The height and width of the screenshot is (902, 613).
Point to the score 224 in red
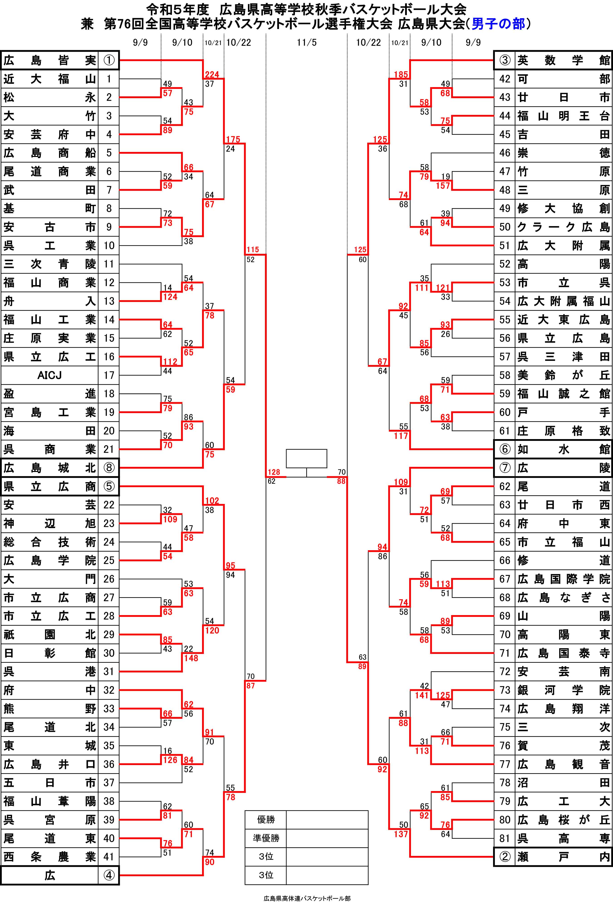212,75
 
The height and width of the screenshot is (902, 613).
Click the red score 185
401,75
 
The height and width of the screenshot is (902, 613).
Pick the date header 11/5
306,42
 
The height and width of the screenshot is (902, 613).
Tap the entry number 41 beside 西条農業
109,857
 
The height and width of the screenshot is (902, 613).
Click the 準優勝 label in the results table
266,838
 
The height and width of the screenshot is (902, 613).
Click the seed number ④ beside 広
109,875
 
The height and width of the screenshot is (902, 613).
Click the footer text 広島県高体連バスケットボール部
306,898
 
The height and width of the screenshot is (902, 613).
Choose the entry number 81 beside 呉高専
505,838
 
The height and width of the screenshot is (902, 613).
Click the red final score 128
274,472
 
